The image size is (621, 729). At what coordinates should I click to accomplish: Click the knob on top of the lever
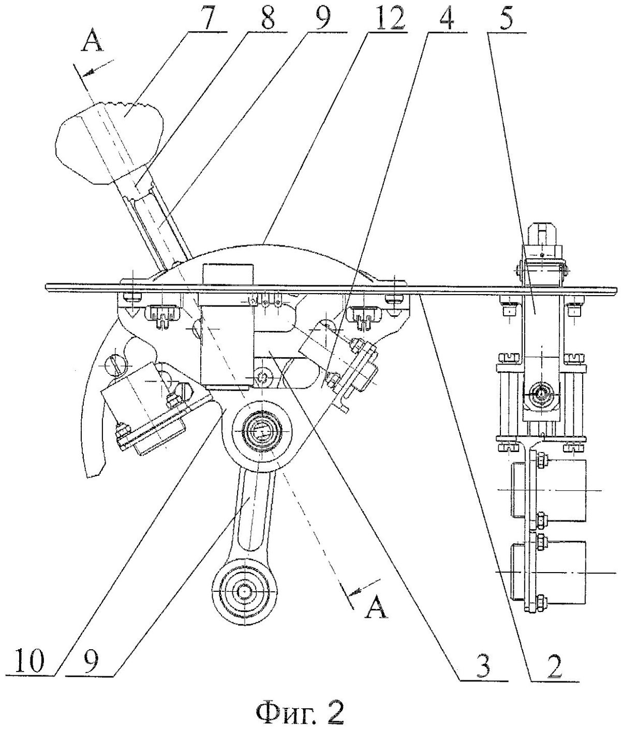[110, 142]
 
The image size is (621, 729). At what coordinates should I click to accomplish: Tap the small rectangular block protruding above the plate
[228, 274]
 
